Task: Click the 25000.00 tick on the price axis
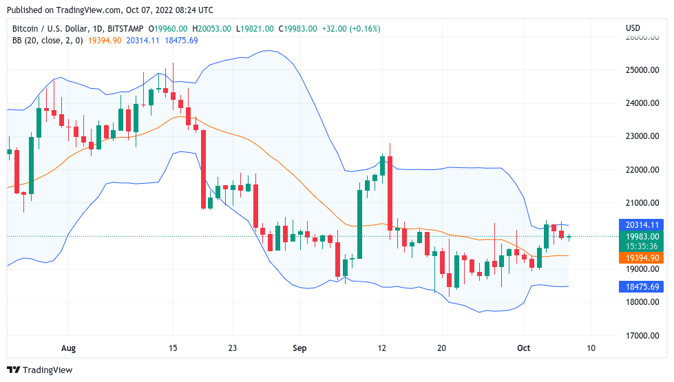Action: [642, 70]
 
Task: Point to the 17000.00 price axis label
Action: [642, 335]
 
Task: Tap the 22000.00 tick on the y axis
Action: [642, 170]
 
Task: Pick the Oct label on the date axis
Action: [523, 348]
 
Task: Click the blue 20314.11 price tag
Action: [642, 225]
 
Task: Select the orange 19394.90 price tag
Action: [642, 257]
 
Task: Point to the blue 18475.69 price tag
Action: [642, 287]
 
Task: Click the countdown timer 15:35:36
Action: [642, 246]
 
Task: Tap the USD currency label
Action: [633, 28]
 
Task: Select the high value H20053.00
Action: [212, 29]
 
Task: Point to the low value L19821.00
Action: [255, 29]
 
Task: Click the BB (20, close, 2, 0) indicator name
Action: [48, 41]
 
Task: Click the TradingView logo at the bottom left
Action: [39, 370]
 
